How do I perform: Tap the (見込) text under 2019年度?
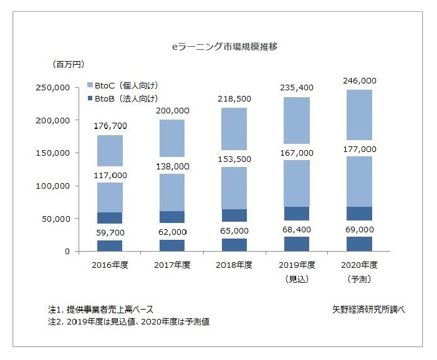[295, 279]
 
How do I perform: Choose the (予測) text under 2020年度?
[358, 279]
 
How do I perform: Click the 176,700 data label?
[109, 126]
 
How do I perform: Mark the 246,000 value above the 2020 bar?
[358, 81]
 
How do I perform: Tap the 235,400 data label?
[296, 88]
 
